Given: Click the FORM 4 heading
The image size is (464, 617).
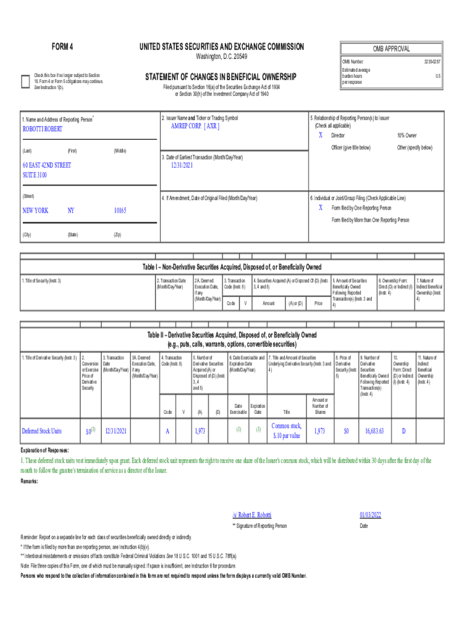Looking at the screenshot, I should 63,47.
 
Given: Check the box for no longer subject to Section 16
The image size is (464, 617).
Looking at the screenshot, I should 25,82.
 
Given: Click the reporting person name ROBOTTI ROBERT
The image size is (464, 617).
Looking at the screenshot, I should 42,129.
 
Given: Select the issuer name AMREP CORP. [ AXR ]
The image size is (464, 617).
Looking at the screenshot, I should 191,127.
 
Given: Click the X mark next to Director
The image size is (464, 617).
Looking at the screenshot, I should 321,136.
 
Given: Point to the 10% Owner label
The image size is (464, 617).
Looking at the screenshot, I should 407,136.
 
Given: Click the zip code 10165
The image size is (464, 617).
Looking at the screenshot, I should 121,211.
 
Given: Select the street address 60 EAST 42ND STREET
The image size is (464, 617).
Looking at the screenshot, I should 46,165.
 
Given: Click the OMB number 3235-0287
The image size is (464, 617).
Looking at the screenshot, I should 432,61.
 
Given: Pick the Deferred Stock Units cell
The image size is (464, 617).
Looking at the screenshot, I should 42,431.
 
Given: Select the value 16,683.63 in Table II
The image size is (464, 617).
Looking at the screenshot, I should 374,431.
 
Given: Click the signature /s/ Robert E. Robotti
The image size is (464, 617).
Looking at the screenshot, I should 252,515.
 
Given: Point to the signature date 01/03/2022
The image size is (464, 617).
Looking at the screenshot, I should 371,515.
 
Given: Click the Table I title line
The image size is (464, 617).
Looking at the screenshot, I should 231,267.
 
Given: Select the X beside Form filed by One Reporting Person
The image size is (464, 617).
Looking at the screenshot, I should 321,207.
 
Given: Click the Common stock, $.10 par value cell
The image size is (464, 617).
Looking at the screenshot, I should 286,431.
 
